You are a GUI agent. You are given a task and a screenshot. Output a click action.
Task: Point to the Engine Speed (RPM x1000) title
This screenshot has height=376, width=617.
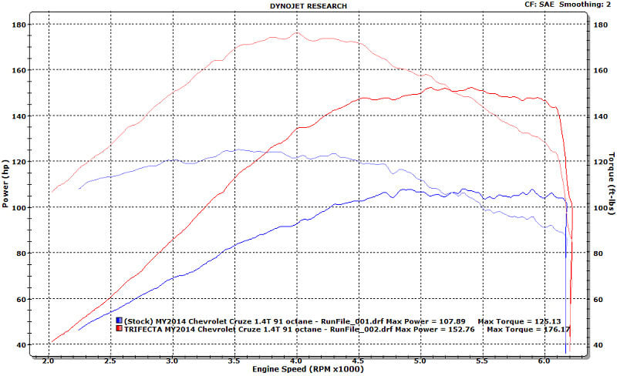308,369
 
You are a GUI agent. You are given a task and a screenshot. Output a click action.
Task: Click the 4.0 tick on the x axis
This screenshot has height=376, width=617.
297,360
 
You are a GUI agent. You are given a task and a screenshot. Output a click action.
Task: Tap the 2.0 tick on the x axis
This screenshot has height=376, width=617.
49,360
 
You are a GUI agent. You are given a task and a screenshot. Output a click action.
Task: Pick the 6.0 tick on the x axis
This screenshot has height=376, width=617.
545,360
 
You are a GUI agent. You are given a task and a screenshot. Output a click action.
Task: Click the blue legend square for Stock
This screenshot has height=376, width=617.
119,320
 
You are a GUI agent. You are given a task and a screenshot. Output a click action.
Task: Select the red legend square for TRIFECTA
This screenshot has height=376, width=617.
119,329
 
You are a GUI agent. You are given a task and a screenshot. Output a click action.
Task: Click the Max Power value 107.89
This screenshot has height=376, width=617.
450,320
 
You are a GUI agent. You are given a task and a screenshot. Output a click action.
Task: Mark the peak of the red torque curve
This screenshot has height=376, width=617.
297,32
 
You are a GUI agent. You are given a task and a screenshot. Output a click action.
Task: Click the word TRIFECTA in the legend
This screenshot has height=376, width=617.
144,329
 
